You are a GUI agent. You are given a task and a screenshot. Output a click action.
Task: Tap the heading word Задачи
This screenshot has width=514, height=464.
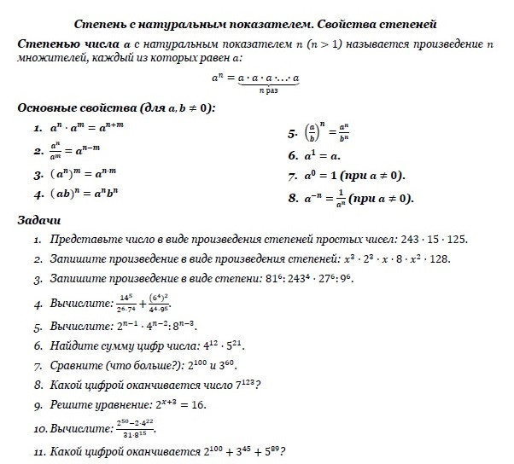[x=39, y=220]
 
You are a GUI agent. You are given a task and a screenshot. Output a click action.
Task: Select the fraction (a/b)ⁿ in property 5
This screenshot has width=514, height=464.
[x=313, y=135]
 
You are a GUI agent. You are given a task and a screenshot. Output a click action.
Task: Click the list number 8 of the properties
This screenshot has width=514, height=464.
[x=293, y=198]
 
